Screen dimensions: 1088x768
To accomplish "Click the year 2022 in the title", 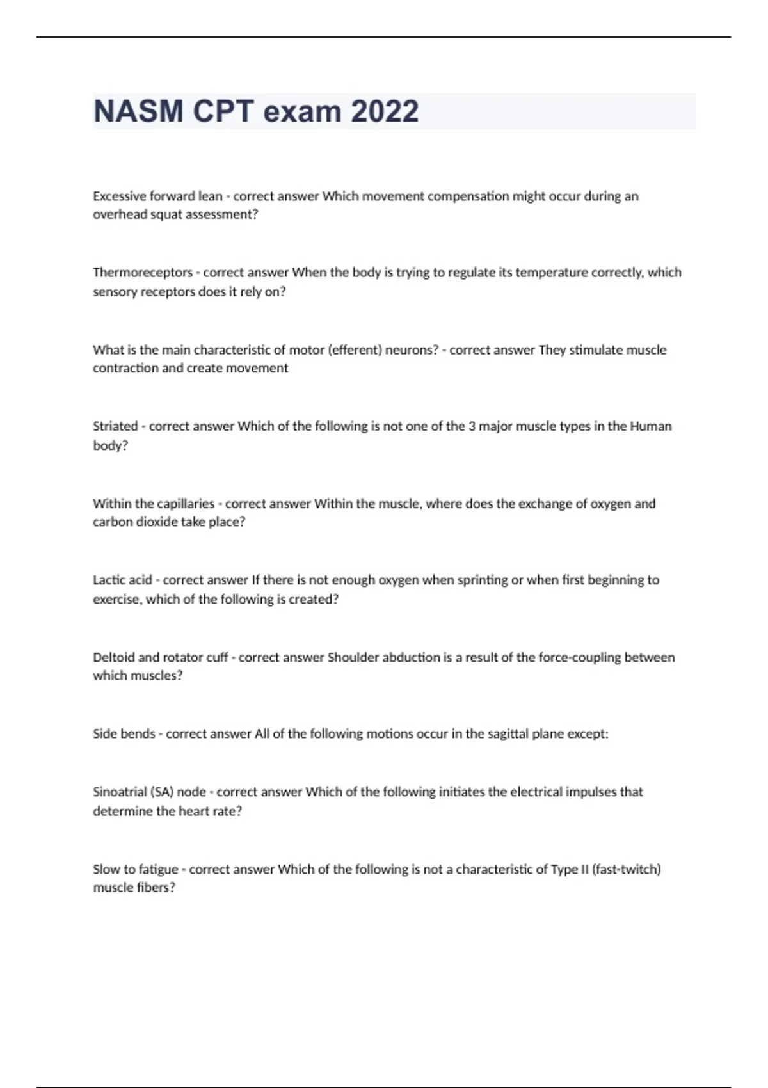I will coord(385,111).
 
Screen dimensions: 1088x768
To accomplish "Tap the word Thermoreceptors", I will coord(143,273).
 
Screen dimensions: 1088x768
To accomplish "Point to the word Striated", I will coord(115,426).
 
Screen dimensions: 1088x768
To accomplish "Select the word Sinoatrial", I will coord(120,792).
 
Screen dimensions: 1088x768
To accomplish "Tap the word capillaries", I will coord(186,504).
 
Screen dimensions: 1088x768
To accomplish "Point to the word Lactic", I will coord(108,580).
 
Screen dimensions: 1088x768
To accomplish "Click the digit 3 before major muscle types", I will coord(472,426).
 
